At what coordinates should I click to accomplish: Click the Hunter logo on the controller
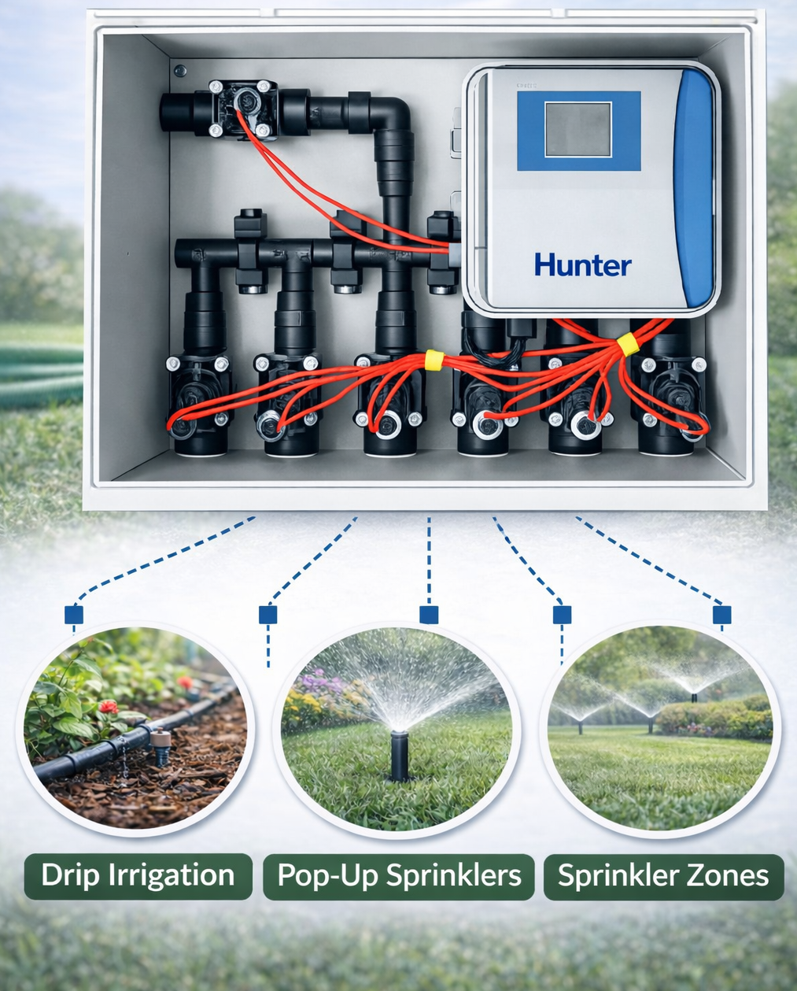[x=582, y=264]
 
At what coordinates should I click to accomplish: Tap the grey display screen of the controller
[x=578, y=130]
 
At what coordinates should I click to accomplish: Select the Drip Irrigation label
[x=138, y=875]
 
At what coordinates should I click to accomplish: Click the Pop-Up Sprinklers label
[x=400, y=875]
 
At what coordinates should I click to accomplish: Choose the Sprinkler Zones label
[x=663, y=875]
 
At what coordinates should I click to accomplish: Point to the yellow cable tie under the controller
[x=626, y=345]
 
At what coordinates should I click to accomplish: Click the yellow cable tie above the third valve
[x=434, y=360]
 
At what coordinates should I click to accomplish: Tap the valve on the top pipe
[x=243, y=108]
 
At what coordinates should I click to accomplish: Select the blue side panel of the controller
[x=697, y=189]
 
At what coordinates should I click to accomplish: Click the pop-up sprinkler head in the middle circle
[x=400, y=752]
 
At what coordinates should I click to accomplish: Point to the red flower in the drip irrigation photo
[x=109, y=706]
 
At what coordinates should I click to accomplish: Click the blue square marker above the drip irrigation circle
[x=74, y=614]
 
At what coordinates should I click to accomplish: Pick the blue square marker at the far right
[x=721, y=615]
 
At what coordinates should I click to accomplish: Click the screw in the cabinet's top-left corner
[x=180, y=71]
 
